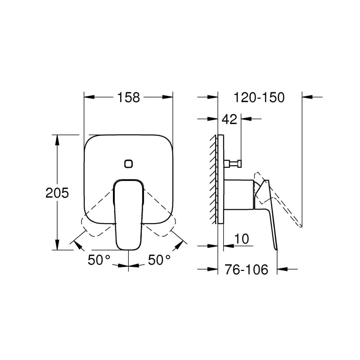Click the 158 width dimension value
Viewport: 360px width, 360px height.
pos(128,97)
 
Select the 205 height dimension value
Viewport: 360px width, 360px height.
pos(57,193)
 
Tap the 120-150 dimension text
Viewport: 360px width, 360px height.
pos(259,97)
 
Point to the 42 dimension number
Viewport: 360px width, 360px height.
pos(229,119)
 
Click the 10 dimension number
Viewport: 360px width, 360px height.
pos(241,239)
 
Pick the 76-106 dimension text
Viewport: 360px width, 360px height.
pos(246,269)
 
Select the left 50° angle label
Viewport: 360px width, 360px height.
pos(99,260)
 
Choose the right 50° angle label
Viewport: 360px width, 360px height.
pos(159,260)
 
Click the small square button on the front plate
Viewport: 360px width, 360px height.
pos(129,164)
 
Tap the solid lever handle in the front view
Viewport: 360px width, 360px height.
pos(128,215)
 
